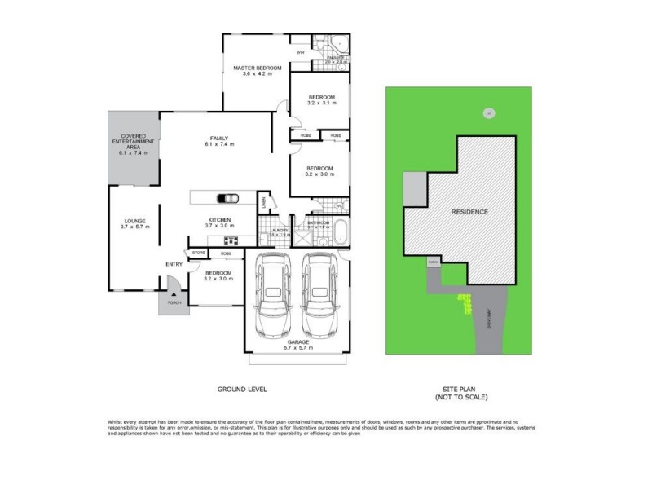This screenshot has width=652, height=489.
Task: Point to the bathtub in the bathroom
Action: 341,233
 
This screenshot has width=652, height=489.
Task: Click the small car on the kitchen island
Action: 227,199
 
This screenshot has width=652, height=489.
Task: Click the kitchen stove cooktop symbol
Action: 229,240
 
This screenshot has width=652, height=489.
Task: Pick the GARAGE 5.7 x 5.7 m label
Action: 297,345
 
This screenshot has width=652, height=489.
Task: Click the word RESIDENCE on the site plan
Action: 470,212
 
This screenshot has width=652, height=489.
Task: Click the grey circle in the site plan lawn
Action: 487,113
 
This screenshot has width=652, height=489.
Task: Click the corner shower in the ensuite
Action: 341,45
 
